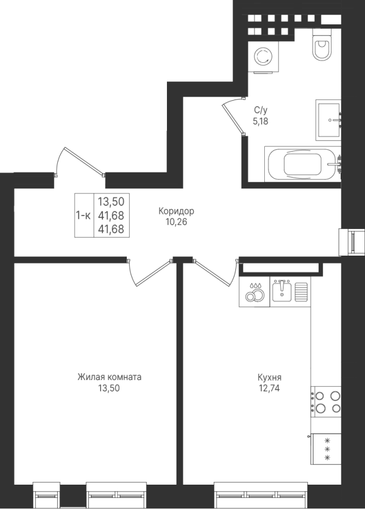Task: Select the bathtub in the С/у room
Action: click(303, 163)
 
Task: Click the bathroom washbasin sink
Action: click(328, 120)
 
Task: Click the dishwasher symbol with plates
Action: click(255, 291)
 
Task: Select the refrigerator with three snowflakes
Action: click(326, 449)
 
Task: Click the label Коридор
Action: click(177, 212)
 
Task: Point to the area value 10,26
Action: click(177, 222)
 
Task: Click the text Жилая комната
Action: click(109, 377)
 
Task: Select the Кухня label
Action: click(269, 378)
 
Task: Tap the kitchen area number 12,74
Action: click(269, 388)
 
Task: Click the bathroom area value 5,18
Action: click(260, 122)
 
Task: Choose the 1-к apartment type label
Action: click(83, 215)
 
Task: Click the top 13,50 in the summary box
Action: click(111, 201)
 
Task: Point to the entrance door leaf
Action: click(84, 161)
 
